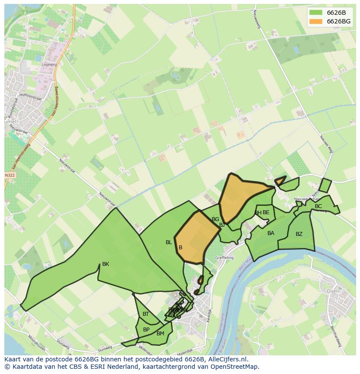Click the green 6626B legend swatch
tap(316, 13)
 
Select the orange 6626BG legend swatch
tap(316, 21)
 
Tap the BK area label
tap(106, 264)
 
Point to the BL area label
tap(169, 242)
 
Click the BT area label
tap(146, 314)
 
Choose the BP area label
tap(146, 330)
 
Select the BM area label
tap(160, 334)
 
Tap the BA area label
tap(271, 233)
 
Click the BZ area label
tap(299, 234)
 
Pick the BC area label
tap(318, 206)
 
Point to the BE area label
tap(266, 212)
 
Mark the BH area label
tap(258, 213)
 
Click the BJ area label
tap(222, 225)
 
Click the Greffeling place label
tap(224, 258)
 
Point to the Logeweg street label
tap(49, 65)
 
